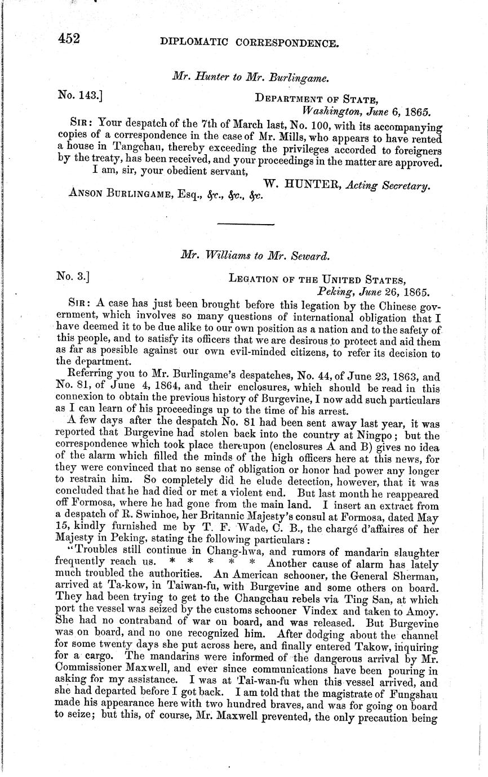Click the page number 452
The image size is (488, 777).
[x=69, y=39]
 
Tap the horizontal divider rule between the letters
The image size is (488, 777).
[x=245, y=225]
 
